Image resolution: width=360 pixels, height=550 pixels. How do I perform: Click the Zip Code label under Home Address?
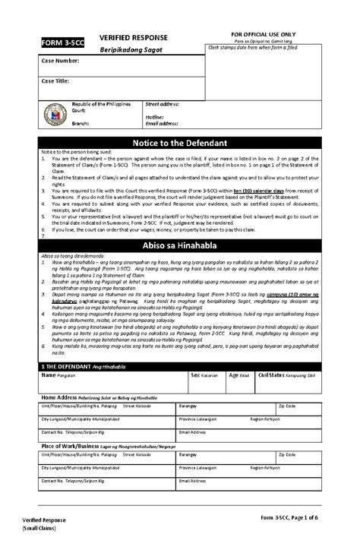pyautogui.click(x=288, y=406)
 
